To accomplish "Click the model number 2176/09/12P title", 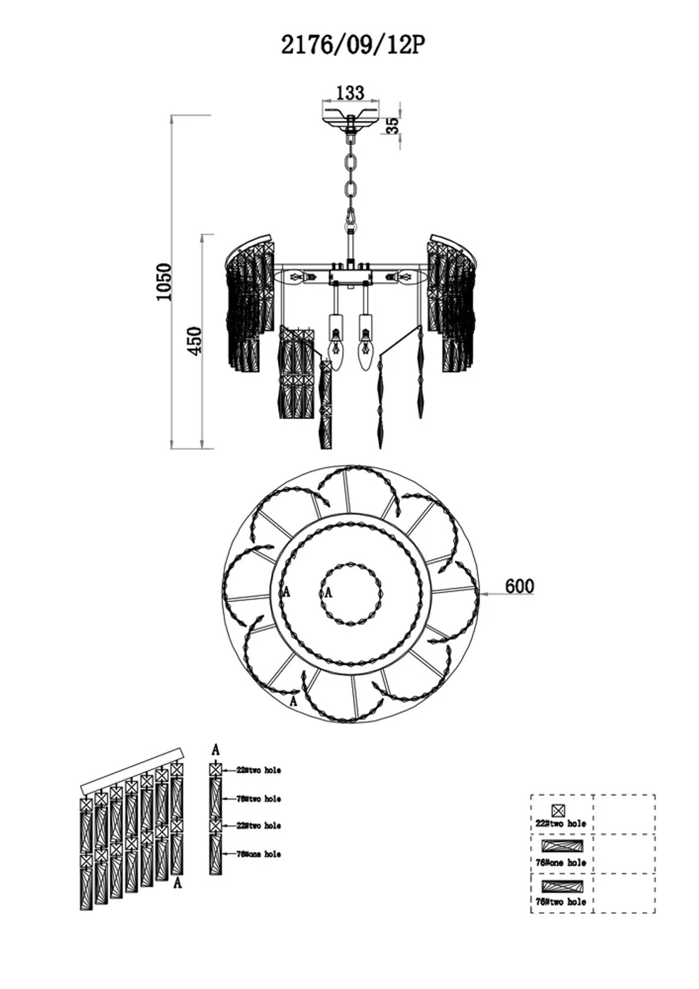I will click(x=353, y=45).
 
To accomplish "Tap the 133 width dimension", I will click(x=350, y=92).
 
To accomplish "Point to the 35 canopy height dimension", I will click(x=393, y=125).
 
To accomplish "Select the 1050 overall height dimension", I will click(x=164, y=281).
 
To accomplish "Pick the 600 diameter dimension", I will click(x=519, y=586).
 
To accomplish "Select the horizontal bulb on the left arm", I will click(x=296, y=278).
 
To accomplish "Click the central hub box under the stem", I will click(x=349, y=276).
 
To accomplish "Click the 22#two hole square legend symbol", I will click(x=559, y=811).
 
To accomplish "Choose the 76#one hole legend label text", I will click(x=561, y=863).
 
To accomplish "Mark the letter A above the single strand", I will click(x=215, y=749).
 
